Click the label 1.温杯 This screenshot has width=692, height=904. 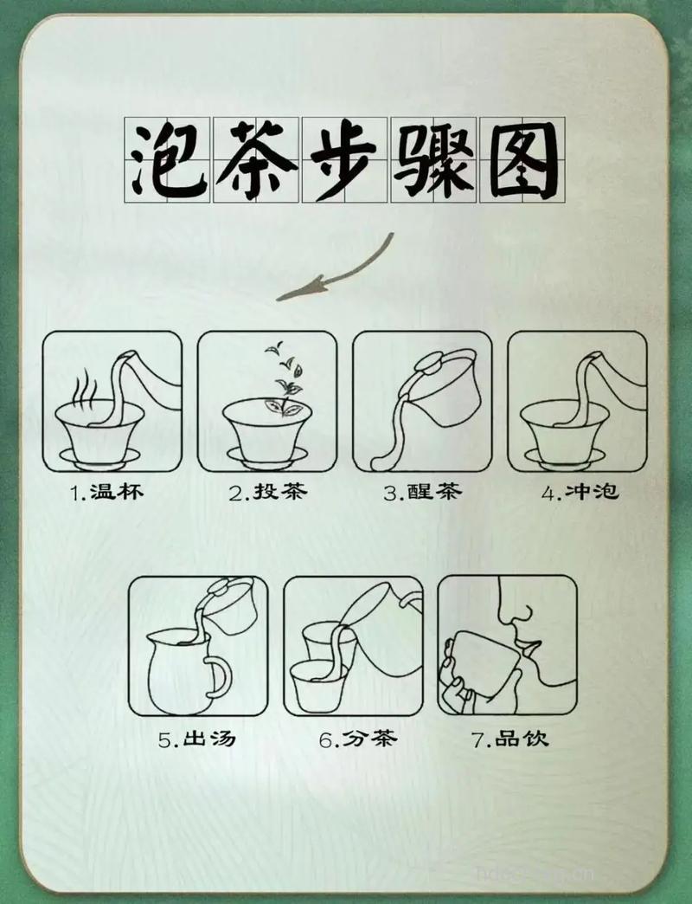coord(106,493)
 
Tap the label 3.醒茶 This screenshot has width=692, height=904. coord(423,493)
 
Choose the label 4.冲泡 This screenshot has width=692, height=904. coord(580,493)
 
